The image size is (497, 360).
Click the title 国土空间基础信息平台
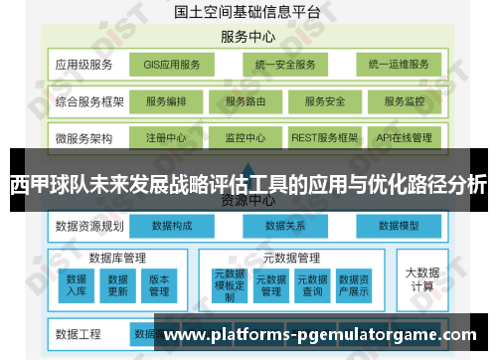click(x=248, y=13)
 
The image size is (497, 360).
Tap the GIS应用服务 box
click(x=171, y=65)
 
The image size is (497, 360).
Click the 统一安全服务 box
click(x=284, y=65)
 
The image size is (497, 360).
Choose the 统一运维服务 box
click(x=398, y=65)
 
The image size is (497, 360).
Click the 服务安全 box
click(x=324, y=101)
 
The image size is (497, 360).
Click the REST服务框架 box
click(x=325, y=138)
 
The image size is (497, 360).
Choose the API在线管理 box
click(x=404, y=138)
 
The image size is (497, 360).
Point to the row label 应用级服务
click(x=83, y=65)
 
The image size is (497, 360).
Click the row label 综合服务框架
click(x=89, y=101)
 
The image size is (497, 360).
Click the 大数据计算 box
click(x=421, y=278)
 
